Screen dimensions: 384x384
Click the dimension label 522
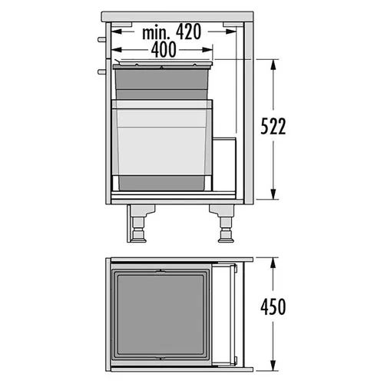click(x=273, y=127)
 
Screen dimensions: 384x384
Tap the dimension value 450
click(x=273, y=306)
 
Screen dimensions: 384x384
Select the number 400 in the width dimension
click(x=164, y=49)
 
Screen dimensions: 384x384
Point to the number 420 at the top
click(x=189, y=31)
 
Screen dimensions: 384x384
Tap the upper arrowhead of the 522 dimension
click(x=273, y=66)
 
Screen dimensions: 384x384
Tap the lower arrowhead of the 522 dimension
click(x=273, y=193)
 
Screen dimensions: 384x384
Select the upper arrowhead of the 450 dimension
click(x=273, y=264)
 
